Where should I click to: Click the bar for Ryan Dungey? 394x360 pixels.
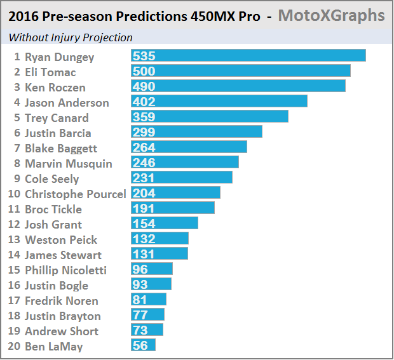coord(248,56)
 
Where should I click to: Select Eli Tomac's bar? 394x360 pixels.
coord(241,71)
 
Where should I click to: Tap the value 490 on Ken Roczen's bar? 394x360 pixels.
coord(144,86)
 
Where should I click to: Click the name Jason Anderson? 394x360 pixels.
coord(67,102)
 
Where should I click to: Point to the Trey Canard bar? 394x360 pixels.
coord(210,117)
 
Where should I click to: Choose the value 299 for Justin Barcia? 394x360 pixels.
coord(144,132)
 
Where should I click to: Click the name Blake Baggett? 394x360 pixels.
coord(61,148)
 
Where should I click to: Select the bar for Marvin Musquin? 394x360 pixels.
coord(185,163)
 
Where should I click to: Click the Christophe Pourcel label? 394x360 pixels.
coord(75,194)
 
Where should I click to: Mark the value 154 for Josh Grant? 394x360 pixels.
coord(144,223)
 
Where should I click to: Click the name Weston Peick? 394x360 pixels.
coord(61,239)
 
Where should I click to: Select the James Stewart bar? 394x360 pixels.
coord(160,254)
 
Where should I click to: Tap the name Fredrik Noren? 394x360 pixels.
coord(61,300)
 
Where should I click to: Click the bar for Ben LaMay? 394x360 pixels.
coord(144,345)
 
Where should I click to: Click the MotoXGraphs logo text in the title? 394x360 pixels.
coord(331,15)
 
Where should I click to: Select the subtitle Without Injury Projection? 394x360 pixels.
coord(71,37)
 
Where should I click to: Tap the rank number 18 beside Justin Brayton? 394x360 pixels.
coord(15,316)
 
